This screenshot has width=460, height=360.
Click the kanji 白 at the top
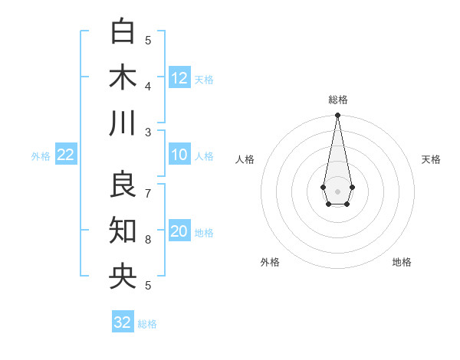(123, 31)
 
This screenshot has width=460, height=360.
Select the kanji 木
(123, 77)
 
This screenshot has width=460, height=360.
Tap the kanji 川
(123, 123)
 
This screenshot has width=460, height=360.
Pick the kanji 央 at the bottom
(123, 276)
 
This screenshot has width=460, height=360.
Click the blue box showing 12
(179, 78)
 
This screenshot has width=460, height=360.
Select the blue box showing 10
(179, 155)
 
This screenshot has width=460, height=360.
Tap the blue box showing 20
(179, 232)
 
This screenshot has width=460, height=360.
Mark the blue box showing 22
(66, 155)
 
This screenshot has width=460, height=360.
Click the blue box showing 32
(123, 322)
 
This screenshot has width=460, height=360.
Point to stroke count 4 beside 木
(148, 85)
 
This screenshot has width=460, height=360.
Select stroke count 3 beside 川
(148, 132)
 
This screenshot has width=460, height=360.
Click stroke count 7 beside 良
(148, 192)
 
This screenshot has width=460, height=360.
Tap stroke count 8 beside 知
(148, 240)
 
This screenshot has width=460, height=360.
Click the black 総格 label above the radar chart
(338, 100)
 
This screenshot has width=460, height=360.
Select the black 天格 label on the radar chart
(431, 159)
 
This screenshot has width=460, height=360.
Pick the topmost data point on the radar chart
(337, 116)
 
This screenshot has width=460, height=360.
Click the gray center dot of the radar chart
(337, 191)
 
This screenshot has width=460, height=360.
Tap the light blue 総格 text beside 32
(147, 324)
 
